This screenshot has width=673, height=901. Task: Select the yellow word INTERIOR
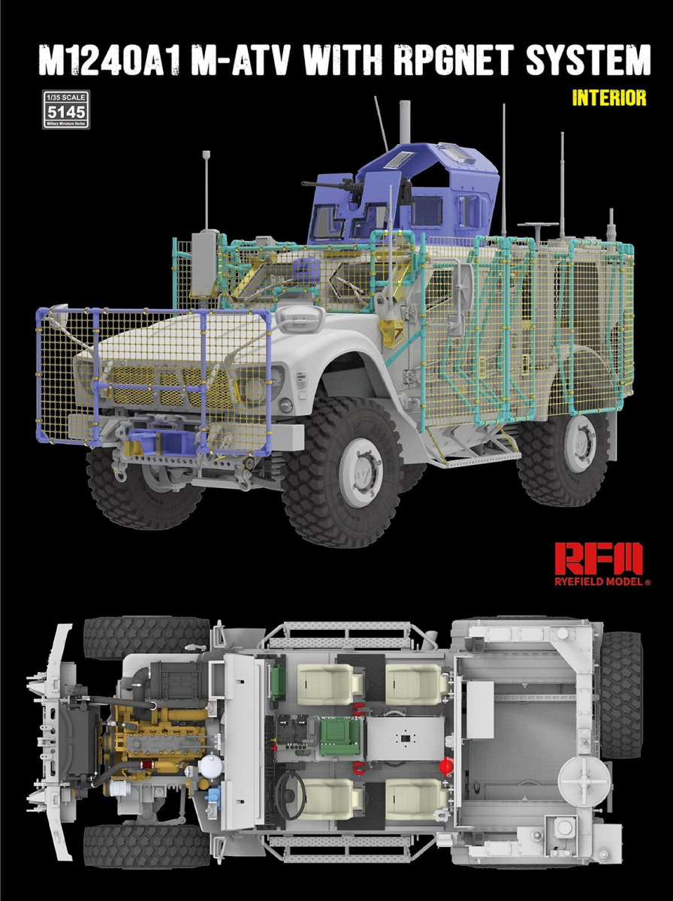[x=608, y=98]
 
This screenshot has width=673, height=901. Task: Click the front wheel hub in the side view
[x=362, y=471]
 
